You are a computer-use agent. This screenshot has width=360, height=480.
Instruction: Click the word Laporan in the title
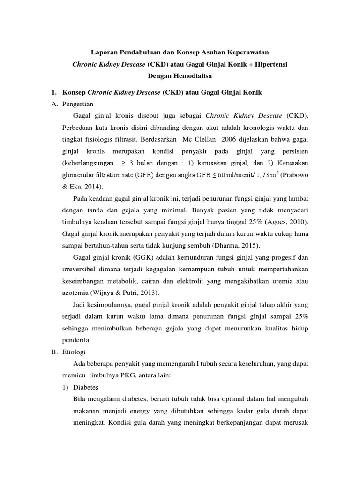pyautogui.click(x=102, y=52)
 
